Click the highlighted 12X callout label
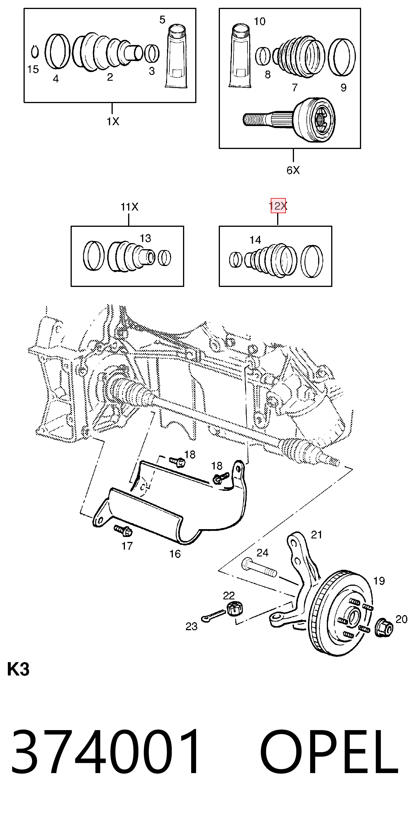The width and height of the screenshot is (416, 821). coord(278,206)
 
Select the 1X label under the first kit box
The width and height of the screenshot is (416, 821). coord(113,121)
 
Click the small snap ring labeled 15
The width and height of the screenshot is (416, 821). coord(35,52)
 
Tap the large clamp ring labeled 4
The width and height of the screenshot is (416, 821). coord(58,51)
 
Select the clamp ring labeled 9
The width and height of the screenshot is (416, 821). coord(342,58)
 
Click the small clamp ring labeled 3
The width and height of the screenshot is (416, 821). coord(152,53)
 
